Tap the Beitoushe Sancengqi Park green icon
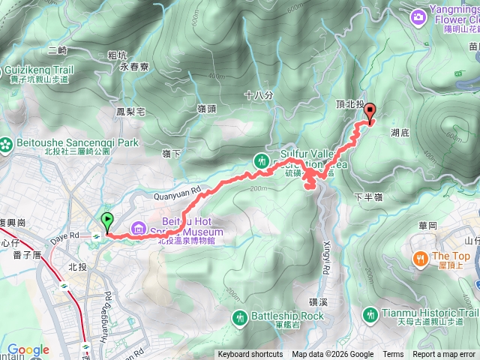[7, 142]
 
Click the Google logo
[28, 349]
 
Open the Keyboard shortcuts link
[250, 355]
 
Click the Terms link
[393, 355]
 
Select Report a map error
[444, 355]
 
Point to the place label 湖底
[400, 132]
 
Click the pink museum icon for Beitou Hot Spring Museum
[139, 227]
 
